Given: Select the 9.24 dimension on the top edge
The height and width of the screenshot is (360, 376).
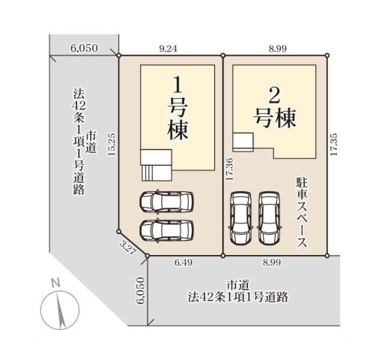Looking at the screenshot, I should click(x=169, y=46).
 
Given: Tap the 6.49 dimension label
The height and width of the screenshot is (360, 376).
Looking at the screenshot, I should click(x=184, y=262).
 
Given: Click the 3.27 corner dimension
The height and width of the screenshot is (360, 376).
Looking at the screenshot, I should click(x=128, y=248).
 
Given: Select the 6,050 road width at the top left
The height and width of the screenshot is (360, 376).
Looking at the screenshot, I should click(x=84, y=46).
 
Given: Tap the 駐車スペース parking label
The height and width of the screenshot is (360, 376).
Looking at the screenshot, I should click(x=301, y=212).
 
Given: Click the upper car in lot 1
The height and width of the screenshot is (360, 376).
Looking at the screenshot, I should click(x=165, y=202).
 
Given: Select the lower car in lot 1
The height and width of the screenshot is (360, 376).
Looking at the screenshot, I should click(x=165, y=230).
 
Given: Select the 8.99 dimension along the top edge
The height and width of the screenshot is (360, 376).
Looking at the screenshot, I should click(x=276, y=46).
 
